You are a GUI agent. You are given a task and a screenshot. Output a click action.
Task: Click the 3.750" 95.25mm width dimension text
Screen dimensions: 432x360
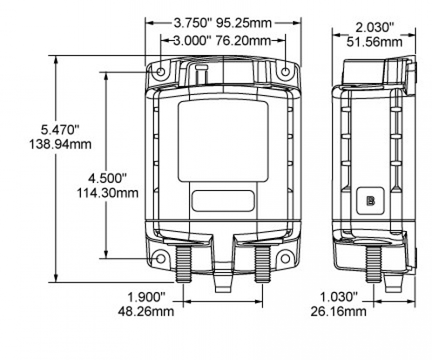click(x=222, y=23)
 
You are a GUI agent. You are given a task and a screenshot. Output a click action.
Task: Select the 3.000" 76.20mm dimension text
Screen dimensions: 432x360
click(x=222, y=41)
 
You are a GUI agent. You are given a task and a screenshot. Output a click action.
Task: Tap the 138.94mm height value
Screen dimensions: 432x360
click(x=60, y=144)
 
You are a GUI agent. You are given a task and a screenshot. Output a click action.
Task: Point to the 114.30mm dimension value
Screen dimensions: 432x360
click(x=107, y=193)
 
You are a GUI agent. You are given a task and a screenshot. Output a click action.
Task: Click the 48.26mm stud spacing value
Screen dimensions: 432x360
click(x=146, y=311)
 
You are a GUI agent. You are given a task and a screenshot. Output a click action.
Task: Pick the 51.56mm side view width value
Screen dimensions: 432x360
click(x=374, y=42)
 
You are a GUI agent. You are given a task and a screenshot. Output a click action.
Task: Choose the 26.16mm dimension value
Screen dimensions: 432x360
click(x=339, y=311)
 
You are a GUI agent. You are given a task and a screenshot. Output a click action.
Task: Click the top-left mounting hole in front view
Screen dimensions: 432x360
click(x=160, y=72)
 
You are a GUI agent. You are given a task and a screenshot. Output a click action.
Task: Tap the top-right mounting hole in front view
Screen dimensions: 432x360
click(x=286, y=72)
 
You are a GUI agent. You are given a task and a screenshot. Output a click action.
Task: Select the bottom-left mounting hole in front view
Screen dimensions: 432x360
click(x=160, y=259)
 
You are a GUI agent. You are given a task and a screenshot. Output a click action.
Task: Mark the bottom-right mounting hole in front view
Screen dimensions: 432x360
click(x=285, y=259)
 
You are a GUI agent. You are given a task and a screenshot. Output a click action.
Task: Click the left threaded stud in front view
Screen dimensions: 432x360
click(x=184, y=263)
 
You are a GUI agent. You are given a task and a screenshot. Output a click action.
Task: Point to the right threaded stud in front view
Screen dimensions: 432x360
click(x=262, y=263)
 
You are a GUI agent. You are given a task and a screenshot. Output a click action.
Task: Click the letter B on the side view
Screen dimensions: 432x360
click(x=371, y=201)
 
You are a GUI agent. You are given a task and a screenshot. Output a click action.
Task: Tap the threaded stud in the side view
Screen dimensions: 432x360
click(x=374, y=263)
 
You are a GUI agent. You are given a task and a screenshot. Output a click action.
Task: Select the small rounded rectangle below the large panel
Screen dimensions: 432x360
click(x=223, y=201)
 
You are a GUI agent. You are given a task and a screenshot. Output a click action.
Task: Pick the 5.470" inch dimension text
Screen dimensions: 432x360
click(x=60, y=130)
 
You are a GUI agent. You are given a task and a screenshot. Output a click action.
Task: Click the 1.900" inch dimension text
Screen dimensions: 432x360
click(x=146, y=297)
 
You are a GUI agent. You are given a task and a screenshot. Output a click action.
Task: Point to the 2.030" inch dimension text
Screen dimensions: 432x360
click(x=375, y=28)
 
